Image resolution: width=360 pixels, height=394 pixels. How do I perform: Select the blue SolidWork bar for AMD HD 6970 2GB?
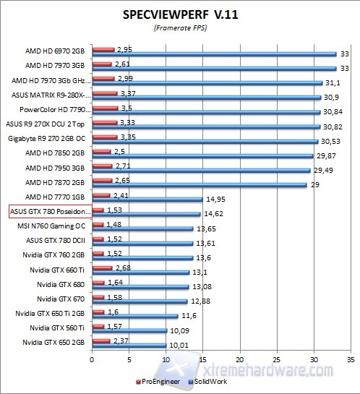(x=214, y=54)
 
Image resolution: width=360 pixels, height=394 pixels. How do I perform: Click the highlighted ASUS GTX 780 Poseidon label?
(x=50, y=211)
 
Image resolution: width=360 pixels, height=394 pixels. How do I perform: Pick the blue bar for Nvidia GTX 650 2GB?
(x=129, y=346)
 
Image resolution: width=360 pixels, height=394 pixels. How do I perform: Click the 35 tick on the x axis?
(x=351, y=358)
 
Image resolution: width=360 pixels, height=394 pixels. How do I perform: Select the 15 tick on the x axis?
(x=202, y=358)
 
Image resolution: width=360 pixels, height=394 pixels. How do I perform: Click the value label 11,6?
(x=189, y=315)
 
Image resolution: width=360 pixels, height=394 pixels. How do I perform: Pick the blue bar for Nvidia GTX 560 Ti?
(x=129, y=332)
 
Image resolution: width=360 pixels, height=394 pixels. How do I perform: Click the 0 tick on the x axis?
(x=92, y=358)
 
